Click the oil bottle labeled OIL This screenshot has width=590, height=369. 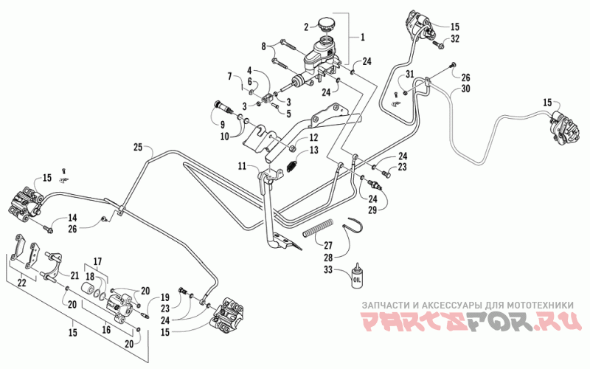pyautogui.click(x=356, y=276)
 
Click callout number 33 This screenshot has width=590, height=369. pyautogui.click(x=328, y=270)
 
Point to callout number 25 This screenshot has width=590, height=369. pyautogui.click(x=138, y=147)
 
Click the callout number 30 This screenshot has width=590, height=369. pyautogui.click(x=466, y=89)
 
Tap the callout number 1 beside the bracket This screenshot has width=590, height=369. pyautogui.click(x=362, y=37)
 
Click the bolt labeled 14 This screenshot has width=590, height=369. pyautogui.click(x=48, y=228)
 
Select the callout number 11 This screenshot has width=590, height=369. pyautogui.click(x=242, y=165)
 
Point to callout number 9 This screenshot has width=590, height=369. pyautogui.click(x=223, y=125)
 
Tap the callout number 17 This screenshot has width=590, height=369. pyautogui.click(x=97, y=261)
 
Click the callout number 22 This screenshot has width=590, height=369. pyautogui.click(x=22, y=282)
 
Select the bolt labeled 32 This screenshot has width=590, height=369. pyautogui.click(x=437, y=45)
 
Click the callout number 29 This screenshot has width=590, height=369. pyautogui.click(x=372, y=210)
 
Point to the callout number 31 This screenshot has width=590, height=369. pyautogui.click(x=409, y=75)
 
